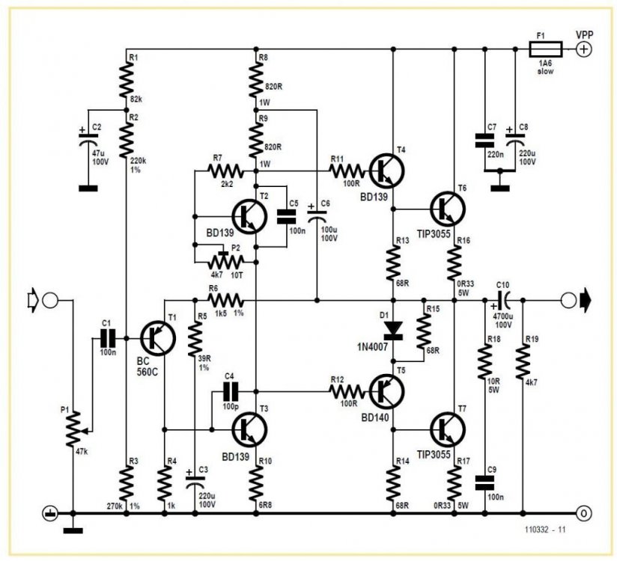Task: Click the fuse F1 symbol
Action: pos(541,50)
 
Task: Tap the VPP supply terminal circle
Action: pos(583,50)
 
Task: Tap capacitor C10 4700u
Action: pos(506,301)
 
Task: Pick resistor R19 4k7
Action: pos(522,367)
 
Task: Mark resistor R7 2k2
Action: pos(224,171)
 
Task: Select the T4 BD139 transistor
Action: pos(386,171)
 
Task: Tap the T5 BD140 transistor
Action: pos(386,390)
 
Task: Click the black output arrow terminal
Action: pos(584,301)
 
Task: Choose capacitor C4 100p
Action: pos(230,390)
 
